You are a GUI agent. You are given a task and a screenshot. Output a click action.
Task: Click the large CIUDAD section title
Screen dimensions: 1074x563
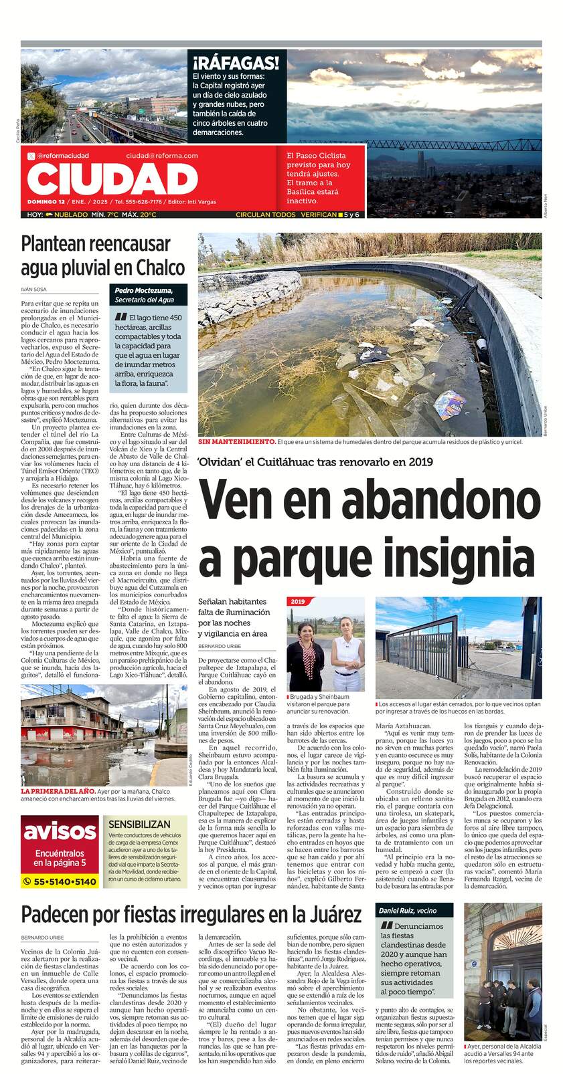click(112, 179)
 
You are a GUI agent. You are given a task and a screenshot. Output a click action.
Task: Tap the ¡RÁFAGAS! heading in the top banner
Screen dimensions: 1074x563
click(236, 64)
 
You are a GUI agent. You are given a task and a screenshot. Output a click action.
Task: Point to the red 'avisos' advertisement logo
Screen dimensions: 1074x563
click(60, 831)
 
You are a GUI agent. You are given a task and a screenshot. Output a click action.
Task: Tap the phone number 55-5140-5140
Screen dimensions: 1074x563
click(60, 881)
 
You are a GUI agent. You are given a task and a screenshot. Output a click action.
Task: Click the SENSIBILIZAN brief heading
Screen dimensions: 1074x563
click(139, 824)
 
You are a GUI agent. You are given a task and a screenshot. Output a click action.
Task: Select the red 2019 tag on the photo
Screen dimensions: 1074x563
click(298, 601)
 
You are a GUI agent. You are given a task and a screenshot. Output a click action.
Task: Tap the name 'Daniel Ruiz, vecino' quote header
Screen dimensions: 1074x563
click(407, 911)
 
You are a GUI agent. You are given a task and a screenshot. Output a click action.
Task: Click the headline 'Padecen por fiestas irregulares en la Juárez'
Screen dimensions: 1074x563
click(191, 914)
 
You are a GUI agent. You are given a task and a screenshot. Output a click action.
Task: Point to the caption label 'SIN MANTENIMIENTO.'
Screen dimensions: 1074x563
click(236, 441)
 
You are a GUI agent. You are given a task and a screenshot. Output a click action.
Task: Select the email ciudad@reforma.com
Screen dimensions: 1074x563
click(162, 155)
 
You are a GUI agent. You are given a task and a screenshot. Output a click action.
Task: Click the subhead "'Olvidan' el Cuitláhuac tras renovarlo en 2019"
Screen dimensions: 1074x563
click(315, 461)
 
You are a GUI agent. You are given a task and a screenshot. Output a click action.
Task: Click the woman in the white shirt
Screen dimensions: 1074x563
click(347, 649)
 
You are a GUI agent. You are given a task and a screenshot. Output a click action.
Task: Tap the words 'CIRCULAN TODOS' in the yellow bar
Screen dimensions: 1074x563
click(265, 215)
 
